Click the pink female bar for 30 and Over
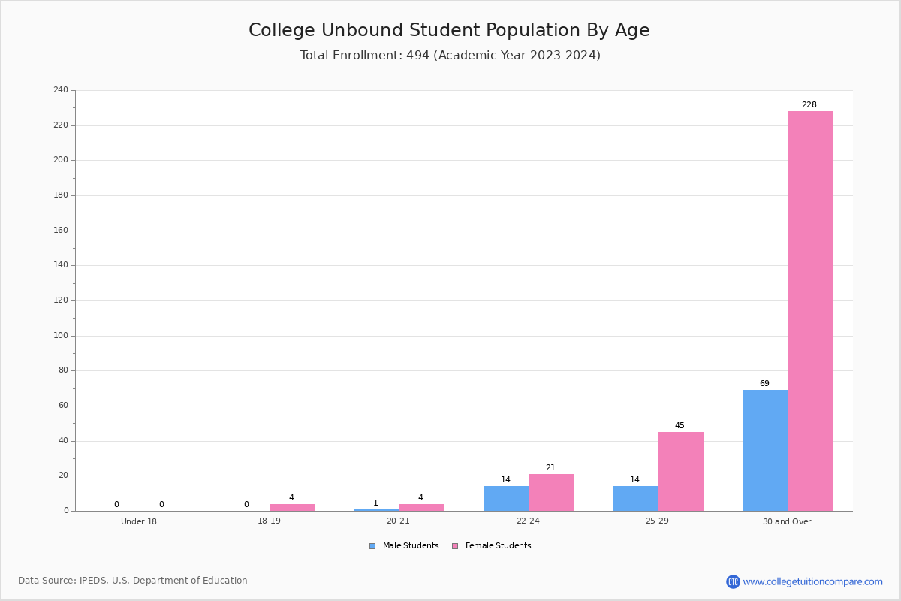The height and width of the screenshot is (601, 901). (x=810, y=311)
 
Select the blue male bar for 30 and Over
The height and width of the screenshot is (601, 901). (x=765, y=451)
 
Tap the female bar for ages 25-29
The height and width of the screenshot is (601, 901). (x=680, y=471)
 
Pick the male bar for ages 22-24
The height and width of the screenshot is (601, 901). (x=506, y=498)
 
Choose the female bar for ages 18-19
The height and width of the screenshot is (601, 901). (x=292, y=507)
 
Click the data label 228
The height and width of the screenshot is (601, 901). (x=809, y=104)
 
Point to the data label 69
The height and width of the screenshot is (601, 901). (x=764, y=383)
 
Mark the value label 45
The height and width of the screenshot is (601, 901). (x=680, y=425)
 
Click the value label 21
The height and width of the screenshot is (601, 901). (x=550, y=467)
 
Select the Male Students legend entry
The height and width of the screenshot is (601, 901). (x=404, y=545)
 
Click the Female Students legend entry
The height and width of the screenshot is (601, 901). (x=492, y=545)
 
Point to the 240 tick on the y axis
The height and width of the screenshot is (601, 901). (x=61, y=89)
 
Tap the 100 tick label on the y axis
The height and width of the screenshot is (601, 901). (x=61, y=335)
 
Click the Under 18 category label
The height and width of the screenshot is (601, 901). (x=139, y=521)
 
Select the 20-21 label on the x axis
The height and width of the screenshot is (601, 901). (x=398, y=521)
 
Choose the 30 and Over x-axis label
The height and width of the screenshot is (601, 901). (x=787, y=521)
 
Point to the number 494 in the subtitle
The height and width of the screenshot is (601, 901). (x=418, y=55)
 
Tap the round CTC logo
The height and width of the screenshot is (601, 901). (x=733, y=581)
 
